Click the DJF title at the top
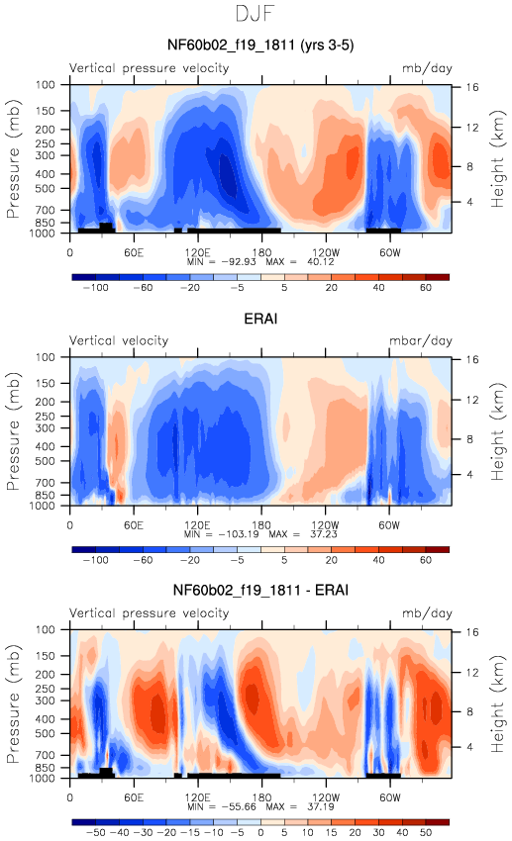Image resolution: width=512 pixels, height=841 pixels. click(x=255, y=14)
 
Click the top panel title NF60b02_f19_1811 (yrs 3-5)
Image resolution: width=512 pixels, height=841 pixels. click(x=260, y=45)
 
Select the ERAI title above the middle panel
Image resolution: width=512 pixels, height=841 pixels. click(x=260, y=319)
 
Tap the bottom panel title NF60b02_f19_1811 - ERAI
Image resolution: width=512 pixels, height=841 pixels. click(x=260, y=590)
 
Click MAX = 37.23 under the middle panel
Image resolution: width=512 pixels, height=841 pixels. click(x=303, y=534)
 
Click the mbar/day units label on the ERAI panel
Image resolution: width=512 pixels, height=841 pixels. click(x=421, y=341)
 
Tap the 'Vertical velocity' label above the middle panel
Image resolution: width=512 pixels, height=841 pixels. click(x=119, y=340)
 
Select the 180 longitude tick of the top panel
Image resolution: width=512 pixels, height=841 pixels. click(x=261, y=252)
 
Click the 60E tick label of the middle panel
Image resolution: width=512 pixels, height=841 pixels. click(x=134, y=525)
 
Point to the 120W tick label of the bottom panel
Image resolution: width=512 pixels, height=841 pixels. click(x=325, y=797)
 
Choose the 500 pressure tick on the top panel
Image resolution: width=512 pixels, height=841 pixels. click(x=46, y=189)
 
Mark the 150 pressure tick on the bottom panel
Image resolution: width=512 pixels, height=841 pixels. click(x=46, y=656)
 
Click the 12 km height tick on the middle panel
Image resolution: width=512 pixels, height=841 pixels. click(x=471, y=400)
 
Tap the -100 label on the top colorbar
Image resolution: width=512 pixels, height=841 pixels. click(x=95, y=288)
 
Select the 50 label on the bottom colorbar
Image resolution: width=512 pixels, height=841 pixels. click(x=426, y=833)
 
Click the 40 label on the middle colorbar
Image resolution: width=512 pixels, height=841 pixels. click(x=378, y=560)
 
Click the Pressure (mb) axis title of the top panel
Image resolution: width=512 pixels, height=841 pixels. click(x=13, y=158)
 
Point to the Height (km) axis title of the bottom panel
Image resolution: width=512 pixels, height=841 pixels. click(x=497, y=703)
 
